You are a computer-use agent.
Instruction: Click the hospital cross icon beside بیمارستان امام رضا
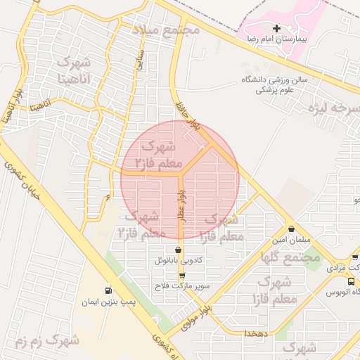[x=276, y=29]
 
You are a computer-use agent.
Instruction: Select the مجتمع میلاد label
[x=167, y=30]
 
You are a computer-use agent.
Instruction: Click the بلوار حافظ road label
[x=191, y=118]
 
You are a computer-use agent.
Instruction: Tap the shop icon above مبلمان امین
[x=291, y=229]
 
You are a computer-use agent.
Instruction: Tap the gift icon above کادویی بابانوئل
[x=178, y=250]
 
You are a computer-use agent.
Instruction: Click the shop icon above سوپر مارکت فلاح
[x=182, y=276]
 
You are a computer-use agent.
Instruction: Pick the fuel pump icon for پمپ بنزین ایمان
[x=108, y=290]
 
